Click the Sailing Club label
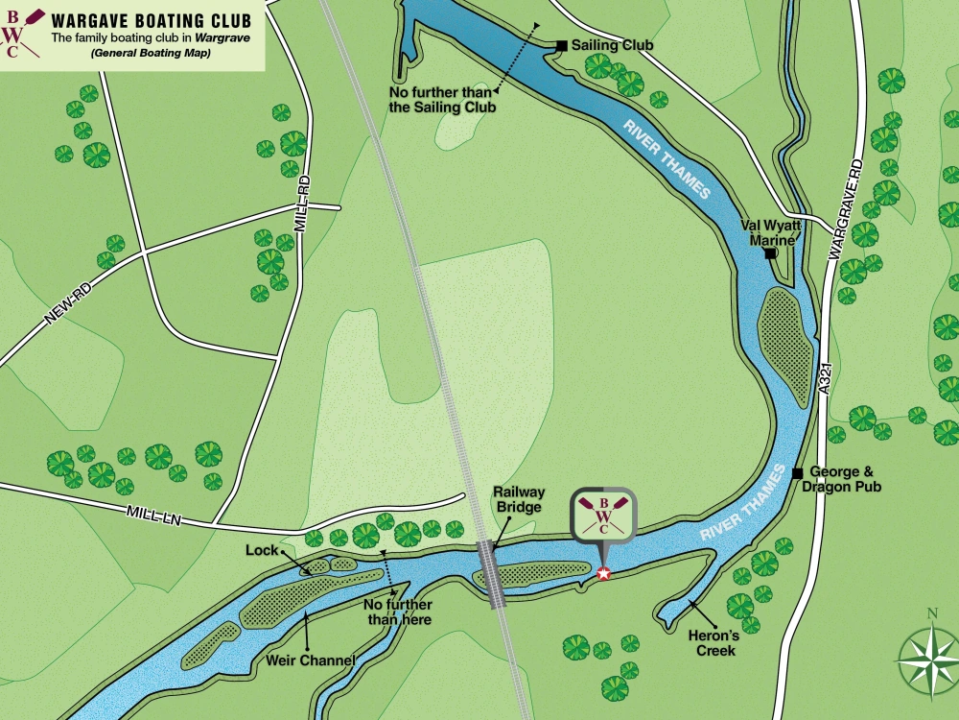[612, 45]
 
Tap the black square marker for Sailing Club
[562, 45]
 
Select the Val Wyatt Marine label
[768, 232]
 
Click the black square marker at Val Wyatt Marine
[769, 253]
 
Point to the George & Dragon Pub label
[845, 479]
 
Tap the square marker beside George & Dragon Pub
[797, 472]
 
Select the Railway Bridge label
[519, 499]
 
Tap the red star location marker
[603, 574]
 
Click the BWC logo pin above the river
[603, 517]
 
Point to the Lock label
[261, 551]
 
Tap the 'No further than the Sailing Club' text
[442, 100]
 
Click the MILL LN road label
[153, 516]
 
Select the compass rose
[927, 660]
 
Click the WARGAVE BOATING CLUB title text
[151, 19]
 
